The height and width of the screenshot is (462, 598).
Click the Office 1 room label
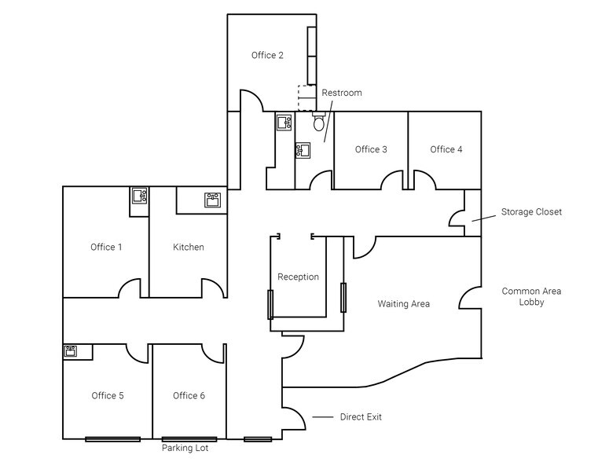[x=106, y=247]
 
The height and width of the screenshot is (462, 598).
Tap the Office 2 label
[x=267, y=55]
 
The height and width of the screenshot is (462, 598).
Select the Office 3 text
[x=371, y=149]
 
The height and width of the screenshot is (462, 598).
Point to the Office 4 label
[x=446, y=149]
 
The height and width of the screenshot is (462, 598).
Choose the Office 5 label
[x=108, y=396]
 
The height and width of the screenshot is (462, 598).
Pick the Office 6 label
[x=189, y=396]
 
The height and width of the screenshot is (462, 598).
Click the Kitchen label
[x=189, y=247]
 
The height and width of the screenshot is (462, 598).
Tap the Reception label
[x=298, y=277]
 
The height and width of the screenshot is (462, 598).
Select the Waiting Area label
[x=403, y=304]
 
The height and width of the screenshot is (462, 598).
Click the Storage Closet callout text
[x=531, y=212]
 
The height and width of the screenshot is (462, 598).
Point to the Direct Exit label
[x=361, y=417]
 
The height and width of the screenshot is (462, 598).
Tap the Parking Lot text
[x=185, y=449]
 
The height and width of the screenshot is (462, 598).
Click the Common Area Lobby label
[x=531, y=296]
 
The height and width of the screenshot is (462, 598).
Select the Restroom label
[x=342, y=93]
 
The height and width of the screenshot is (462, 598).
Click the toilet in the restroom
[x=318, y=123]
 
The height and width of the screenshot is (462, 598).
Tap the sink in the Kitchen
[x=212, y=200]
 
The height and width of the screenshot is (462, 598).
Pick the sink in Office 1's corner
[x=139, y=196]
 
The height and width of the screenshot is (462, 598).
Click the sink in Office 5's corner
[x=70, y=350]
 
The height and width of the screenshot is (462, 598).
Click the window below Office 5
[x=112, y=439]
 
